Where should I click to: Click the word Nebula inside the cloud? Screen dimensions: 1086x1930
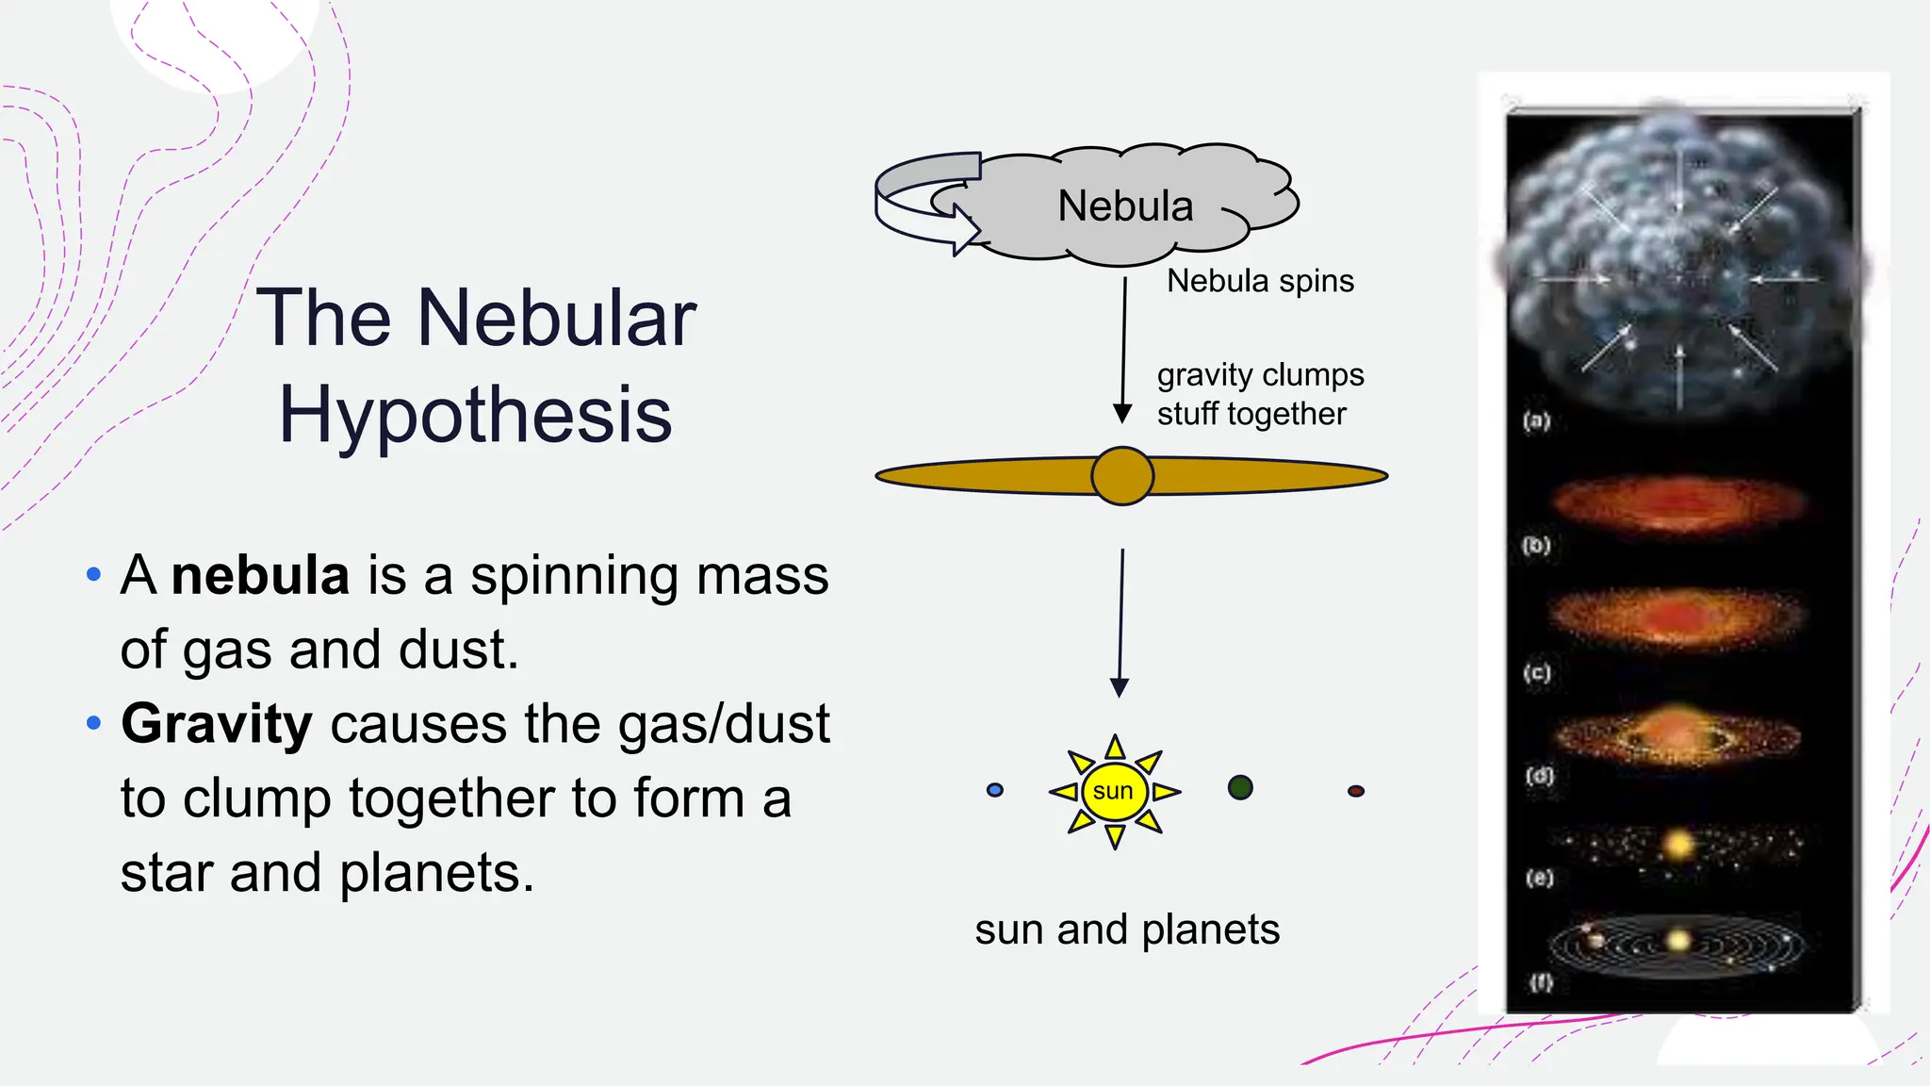click(x=1124, y=206)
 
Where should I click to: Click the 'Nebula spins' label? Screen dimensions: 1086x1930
click(x=1260, y=281)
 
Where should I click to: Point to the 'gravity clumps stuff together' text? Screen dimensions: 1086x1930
click(x=1259, y=394)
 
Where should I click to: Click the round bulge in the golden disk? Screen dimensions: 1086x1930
click(x=1121, y=476)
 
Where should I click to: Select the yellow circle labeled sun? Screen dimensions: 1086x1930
click(x=1114, y=791)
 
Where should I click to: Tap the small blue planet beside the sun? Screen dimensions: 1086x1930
click(x=994, y=790)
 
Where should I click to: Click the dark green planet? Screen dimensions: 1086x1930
click(x=1240, y=787)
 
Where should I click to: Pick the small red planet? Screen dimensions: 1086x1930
click(x=1355, y=791)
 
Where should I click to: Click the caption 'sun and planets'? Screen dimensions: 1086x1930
click(x=1127, y=930)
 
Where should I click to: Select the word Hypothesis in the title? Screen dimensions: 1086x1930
click(x=476, y=415)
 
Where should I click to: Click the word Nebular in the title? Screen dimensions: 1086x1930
click(x=556, y=319)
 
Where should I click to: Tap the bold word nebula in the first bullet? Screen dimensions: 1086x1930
click(x=260, y=575)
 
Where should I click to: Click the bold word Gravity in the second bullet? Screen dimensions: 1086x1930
click(x=216, y=724)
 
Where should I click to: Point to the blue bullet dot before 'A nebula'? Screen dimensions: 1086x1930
click(x=93, y=574)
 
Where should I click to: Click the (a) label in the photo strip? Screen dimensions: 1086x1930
click(x=1536, y=420)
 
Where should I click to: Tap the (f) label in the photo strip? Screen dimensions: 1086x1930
click(x=1540, y=982)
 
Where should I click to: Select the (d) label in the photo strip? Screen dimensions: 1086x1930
click(x=1540, y=776)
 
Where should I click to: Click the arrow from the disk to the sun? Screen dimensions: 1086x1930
click(x=1120, y=622)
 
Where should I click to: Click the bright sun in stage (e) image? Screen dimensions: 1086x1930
click(x=1678, y=843)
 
